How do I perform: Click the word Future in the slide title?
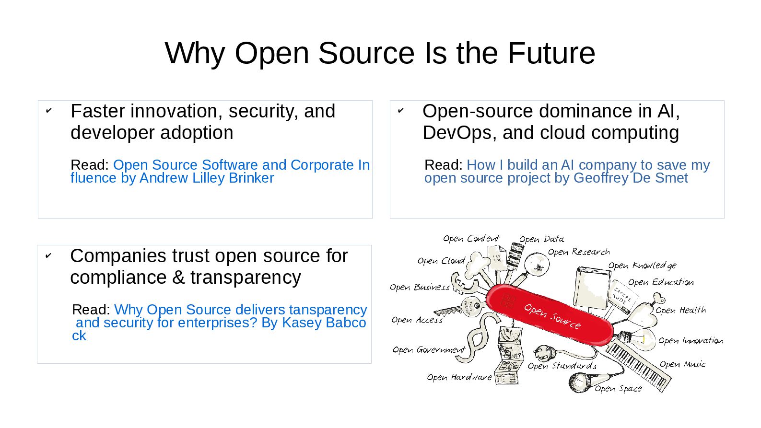551,53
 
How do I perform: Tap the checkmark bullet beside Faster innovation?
48,111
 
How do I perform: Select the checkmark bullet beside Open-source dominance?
400,111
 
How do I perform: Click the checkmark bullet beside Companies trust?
48,256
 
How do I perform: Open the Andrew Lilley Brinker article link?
220,171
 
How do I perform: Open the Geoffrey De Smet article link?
567,171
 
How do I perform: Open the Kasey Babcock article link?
219,322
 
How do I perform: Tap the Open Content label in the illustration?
471,238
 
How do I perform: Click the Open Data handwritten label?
541,239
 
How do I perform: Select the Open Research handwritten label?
579,252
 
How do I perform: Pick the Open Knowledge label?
642,266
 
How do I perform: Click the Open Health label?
680,311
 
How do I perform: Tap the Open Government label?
429,350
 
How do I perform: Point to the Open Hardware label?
459,378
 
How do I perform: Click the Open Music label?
682,364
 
